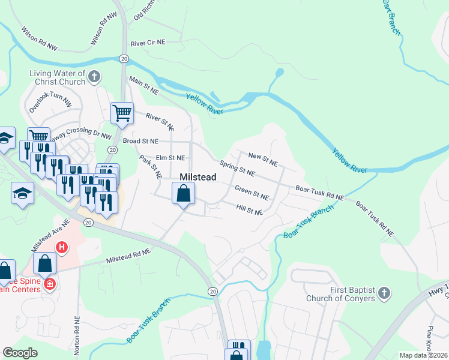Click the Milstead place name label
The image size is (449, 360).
pos(198,177)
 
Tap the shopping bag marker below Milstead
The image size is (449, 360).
pos(184,194)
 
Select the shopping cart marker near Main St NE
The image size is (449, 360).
pos(122,113)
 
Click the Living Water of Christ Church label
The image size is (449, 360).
pos(57,77)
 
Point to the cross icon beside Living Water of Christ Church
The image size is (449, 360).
pos(95,77)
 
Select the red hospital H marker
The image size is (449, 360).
pos(61,247)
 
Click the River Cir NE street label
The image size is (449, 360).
pos(147,43)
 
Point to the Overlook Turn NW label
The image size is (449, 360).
pos(50,103)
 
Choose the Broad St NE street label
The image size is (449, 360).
pos(140,141)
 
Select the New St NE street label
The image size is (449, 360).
pos(263,159)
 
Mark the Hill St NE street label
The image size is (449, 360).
pos(250,209)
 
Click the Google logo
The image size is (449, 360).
pos(20,353)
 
